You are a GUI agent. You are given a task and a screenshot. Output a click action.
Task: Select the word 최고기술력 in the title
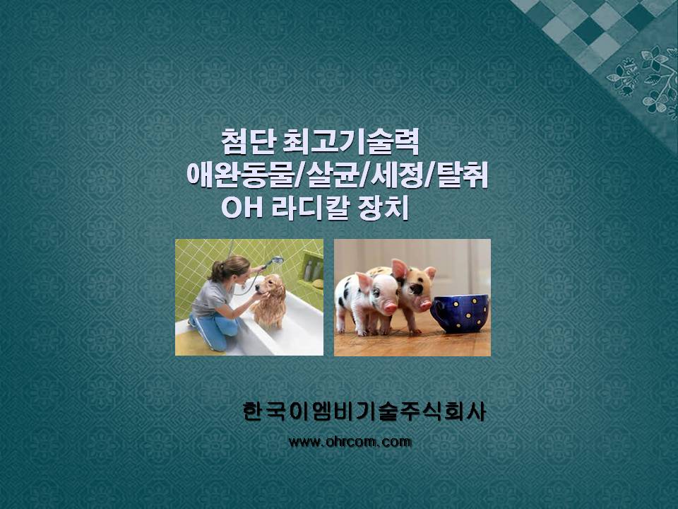[x=351, y=141]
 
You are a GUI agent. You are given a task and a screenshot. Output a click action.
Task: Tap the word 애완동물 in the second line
[x=240, y=175]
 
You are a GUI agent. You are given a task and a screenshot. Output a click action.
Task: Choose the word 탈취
[x=463, y=175]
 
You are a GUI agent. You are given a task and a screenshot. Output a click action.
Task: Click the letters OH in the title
[x=242, y=208]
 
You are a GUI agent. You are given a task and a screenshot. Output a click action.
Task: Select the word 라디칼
[x=310, y=208]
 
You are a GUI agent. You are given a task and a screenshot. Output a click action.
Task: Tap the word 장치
[x=383, y=208]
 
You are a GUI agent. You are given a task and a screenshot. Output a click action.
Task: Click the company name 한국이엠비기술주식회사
[x=364, y=411]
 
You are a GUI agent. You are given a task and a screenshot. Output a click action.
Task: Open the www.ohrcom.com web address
[x=350, y=442]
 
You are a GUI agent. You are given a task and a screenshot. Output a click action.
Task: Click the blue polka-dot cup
[x=459, y=313]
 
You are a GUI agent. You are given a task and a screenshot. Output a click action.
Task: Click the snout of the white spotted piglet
[x=390, y=308]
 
